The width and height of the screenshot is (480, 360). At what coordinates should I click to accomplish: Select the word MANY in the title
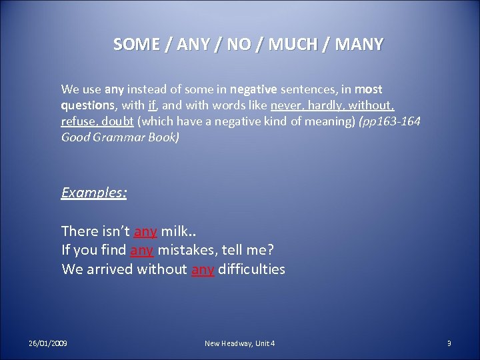tap(359, 45)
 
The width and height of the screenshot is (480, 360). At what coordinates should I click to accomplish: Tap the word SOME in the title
tap(137, 45)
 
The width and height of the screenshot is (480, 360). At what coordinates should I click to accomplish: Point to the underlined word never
tap(286, 105)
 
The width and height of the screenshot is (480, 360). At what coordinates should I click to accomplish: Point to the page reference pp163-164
tap(387, 121)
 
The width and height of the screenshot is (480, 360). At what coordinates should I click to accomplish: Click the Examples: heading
tap(94, 193)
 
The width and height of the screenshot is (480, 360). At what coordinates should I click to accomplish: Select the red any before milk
tap(145, 231)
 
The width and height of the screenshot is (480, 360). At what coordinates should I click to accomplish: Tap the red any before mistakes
tap(141, 251)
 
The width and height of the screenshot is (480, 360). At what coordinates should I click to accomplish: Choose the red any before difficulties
tap(203, 269)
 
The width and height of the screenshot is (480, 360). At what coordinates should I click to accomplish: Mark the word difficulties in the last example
tap(251, 269)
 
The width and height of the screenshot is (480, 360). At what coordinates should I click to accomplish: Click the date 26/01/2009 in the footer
tap(48, 343)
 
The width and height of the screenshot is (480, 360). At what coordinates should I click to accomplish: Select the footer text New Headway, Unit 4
tap(239, 343)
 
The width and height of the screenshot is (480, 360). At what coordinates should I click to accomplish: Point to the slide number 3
tap(449, 343)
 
